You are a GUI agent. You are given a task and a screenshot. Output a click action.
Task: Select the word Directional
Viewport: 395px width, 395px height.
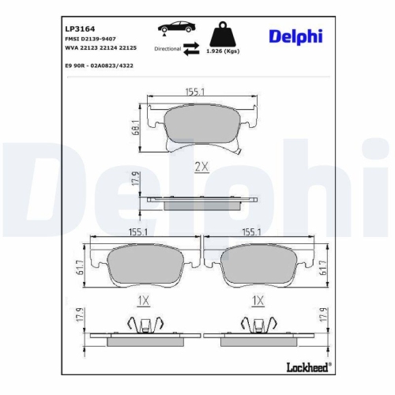point(168,48)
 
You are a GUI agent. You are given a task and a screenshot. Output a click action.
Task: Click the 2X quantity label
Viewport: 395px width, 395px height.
point(201,167)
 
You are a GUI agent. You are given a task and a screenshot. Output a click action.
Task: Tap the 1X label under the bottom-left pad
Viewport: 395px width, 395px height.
point(143,301)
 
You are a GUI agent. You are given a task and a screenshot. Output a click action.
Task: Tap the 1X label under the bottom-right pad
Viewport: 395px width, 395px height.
point(256,301)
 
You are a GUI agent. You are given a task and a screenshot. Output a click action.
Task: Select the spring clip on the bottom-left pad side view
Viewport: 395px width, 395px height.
point(143,324)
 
